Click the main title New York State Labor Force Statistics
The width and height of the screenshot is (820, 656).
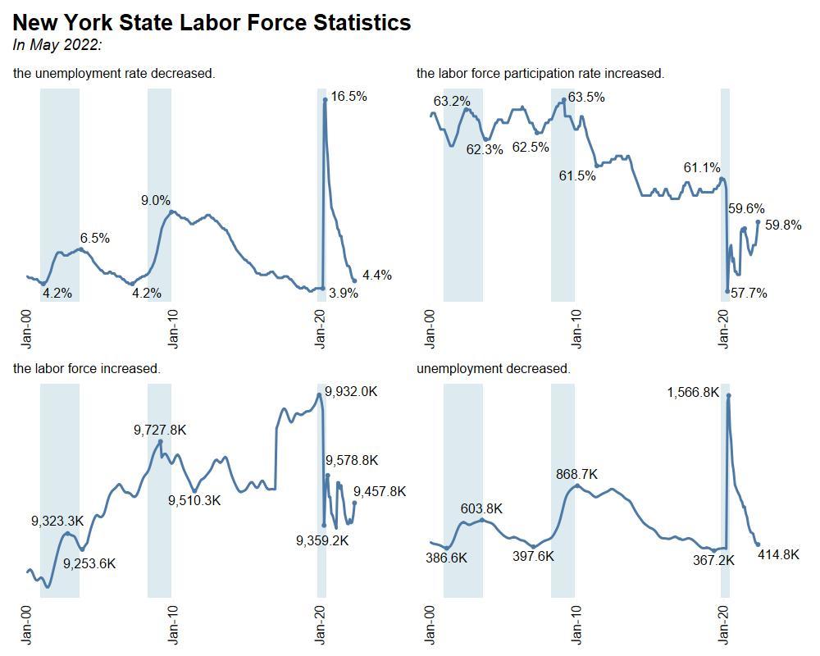(212, 23)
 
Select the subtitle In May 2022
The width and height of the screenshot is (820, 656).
(57, 44)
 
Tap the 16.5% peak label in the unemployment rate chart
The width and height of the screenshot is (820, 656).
(348, 96)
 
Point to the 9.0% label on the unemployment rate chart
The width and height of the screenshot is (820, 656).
(156, 200)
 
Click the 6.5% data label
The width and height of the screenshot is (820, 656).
(94, 238)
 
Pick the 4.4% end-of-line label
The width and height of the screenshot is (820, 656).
(376, 275)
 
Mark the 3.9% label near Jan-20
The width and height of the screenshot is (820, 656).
(344, 293)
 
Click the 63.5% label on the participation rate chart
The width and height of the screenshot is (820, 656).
(586, 97)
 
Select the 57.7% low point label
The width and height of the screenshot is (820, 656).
(749, 293)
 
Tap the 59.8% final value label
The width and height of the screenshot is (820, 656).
(783, 225)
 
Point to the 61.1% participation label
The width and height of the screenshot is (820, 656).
(702, 168)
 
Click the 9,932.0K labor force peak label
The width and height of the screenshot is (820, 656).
(351, 391)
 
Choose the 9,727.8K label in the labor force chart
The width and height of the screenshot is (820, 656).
(160, 429)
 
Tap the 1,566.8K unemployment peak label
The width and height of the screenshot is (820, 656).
(693, 393)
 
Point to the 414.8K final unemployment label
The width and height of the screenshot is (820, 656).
(778, 554)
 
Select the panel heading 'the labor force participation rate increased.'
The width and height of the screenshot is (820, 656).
(540, 73)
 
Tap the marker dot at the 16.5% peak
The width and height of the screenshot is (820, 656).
(326, 99)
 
